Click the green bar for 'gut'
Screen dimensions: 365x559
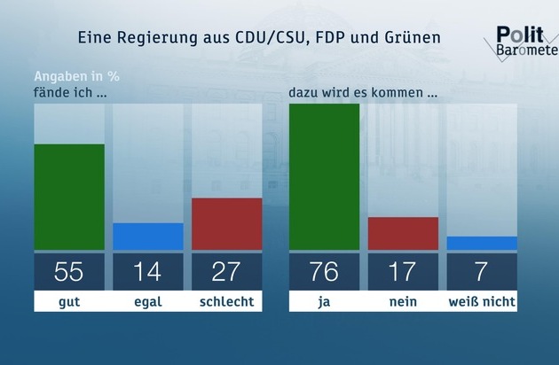point(69,197)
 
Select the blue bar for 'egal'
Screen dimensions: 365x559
point(148,237)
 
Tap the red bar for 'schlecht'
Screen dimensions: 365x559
point(227,223)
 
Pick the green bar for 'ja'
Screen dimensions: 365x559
point(325,176)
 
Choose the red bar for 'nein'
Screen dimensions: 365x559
point(403,233)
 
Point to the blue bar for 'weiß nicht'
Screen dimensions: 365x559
point(482,243)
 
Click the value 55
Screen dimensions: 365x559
point(69,272)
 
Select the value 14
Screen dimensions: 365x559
point(148,272)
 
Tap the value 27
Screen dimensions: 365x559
point(227,272)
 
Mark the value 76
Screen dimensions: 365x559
point(325,272)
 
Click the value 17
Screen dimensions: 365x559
point(403,272)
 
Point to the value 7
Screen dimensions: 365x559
point(482,272)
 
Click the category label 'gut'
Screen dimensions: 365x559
point(69,302)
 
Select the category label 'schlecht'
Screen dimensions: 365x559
point(227,302)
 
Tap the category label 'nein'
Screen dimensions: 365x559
point(403,302)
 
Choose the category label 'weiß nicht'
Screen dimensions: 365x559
point(482,302)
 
